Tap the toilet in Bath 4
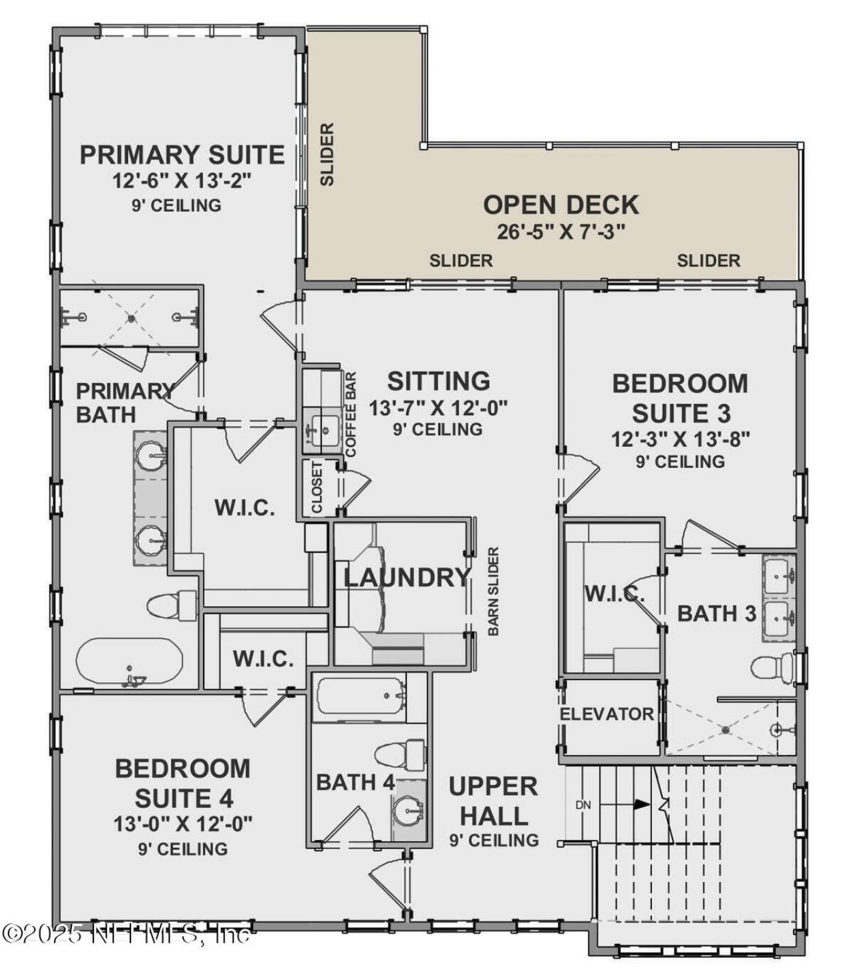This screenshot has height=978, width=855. tap(399, 754)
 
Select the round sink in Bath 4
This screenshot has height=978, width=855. tap(407, 811)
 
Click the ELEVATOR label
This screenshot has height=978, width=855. tap(607, 714)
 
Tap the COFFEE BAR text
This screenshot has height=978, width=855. tap(351, 414)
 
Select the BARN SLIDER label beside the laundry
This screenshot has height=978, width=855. tap(494, 591)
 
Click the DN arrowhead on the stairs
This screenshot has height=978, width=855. tap(642, 804)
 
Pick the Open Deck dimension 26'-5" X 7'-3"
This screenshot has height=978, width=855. tap(560, 232)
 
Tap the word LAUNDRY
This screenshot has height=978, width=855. tap(407, 577)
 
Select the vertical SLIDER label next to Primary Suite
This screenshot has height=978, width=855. tap(327, 154)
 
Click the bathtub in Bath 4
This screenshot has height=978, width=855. tap(361, 696)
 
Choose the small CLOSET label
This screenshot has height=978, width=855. tap(317, 487)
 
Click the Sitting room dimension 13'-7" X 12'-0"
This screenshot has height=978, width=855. tap(438, 407)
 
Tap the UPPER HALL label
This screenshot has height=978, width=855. tap(493, 800)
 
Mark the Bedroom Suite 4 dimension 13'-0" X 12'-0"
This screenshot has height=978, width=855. tap(182, 824)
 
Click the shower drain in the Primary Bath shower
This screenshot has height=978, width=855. tap(132, 318)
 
